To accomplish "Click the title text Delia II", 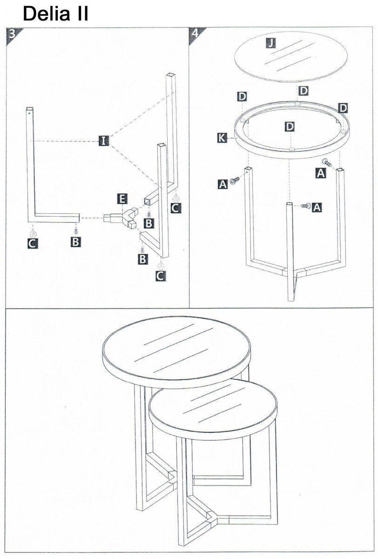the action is pyautogui.click(x=55, y=14).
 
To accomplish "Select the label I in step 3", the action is pyautogui.click(x=103, y=141).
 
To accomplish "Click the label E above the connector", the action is pyautogui.click(x=122, y=199).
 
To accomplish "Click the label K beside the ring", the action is pyautogui.click(x=222, y=137).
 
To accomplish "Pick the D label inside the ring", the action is pyautogui.click(x=290, y=127).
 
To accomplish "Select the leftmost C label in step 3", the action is pyautogui.click(x=33, y=243).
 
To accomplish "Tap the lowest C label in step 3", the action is pyautogui.click(x=161, y=276).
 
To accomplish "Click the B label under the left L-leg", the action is pyautogui.click(x=75, y=242).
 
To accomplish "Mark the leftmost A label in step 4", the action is pyautogui.click(x=223, y=184).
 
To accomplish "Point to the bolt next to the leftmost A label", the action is pyautogui.click(x=235, y=180).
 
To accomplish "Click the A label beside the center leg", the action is pyautogui.click(x=317, y=207).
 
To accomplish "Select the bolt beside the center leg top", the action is pyautogui.click(x=305, y=206).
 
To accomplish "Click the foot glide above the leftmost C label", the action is pyautogui.click(x=33, y=233).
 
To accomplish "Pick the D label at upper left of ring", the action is pyautogui.click(x=242, y=96).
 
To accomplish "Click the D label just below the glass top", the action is pyautogui.click(x=304, y=90).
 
